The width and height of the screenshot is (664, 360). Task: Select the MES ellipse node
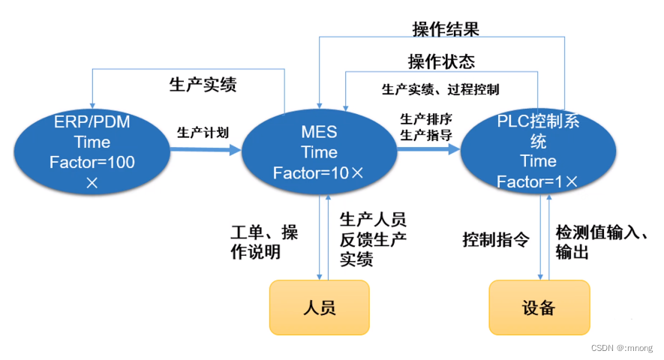[x=319, y=152]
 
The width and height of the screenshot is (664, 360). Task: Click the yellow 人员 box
[x=319, y=307]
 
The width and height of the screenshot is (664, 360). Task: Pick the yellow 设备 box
[x=539, y=307]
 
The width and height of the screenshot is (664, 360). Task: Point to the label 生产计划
[x=203, y=133]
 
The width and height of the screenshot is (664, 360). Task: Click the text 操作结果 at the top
[x=446, y=29]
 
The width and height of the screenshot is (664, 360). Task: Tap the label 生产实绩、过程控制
[x=440, y=90]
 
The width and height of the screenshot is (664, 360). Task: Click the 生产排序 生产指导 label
[x=425, y=127]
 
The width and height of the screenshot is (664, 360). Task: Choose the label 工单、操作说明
[x=263, y=242]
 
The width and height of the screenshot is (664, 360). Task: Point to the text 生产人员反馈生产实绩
[x=373, y=239]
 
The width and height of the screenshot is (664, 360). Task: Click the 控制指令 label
[x=496, y=241]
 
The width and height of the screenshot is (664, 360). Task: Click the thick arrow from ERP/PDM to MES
[x=206, y=149]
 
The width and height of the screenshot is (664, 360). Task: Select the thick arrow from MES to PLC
[x=428, y=149]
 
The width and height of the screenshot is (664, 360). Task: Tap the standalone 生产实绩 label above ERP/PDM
[x=203, y=85]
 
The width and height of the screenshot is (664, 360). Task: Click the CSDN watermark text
[x=621, y=348]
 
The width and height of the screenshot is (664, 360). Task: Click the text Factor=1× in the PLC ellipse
[x=537, y=181]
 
